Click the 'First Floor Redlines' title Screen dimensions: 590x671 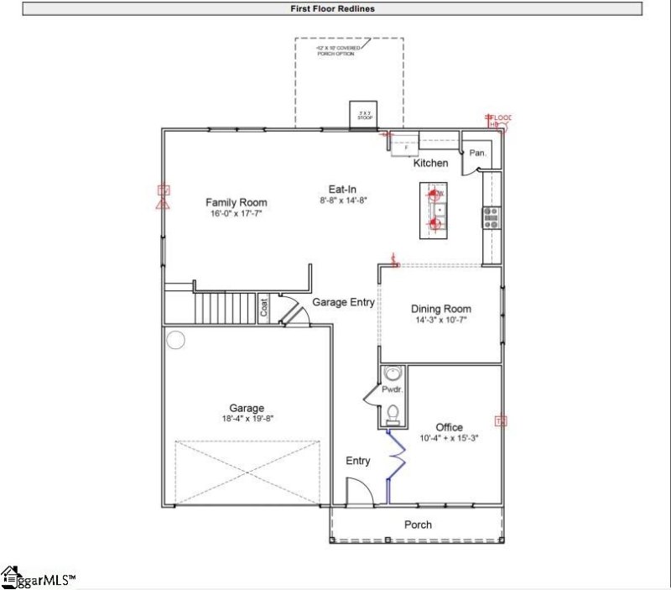(x=332, y=9)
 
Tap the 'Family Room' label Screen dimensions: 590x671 (x=237, y=202)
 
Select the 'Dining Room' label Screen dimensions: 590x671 (x=442, y=309)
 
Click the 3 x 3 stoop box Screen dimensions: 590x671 (x=365, y=115)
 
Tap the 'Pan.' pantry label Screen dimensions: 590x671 (x=478, y=153)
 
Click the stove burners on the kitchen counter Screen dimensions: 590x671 (x=491, y=218)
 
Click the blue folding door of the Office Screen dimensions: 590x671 (x=394, y=466)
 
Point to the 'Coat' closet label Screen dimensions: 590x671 (x=263, y=309)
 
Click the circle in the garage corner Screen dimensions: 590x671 (x=175, y=340)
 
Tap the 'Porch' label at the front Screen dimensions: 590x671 (x=418, y=525)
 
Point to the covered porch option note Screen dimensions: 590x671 (x=339, y=51)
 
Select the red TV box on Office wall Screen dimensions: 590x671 (x=502, y=420)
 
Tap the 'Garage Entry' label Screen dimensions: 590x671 (x=343, y=302)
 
